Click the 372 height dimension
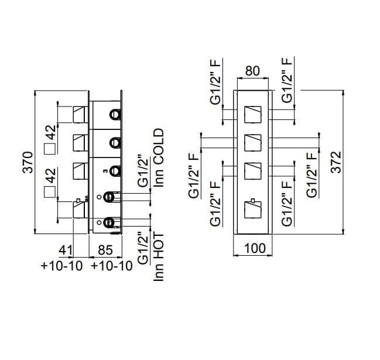(x=335, y=162)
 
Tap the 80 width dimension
(x=252, y=71)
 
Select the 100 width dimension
(x=254, y=248)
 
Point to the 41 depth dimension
(x=66, y=251)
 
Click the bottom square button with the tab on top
(x=254, y=208)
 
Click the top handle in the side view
(x=80, y=113)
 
